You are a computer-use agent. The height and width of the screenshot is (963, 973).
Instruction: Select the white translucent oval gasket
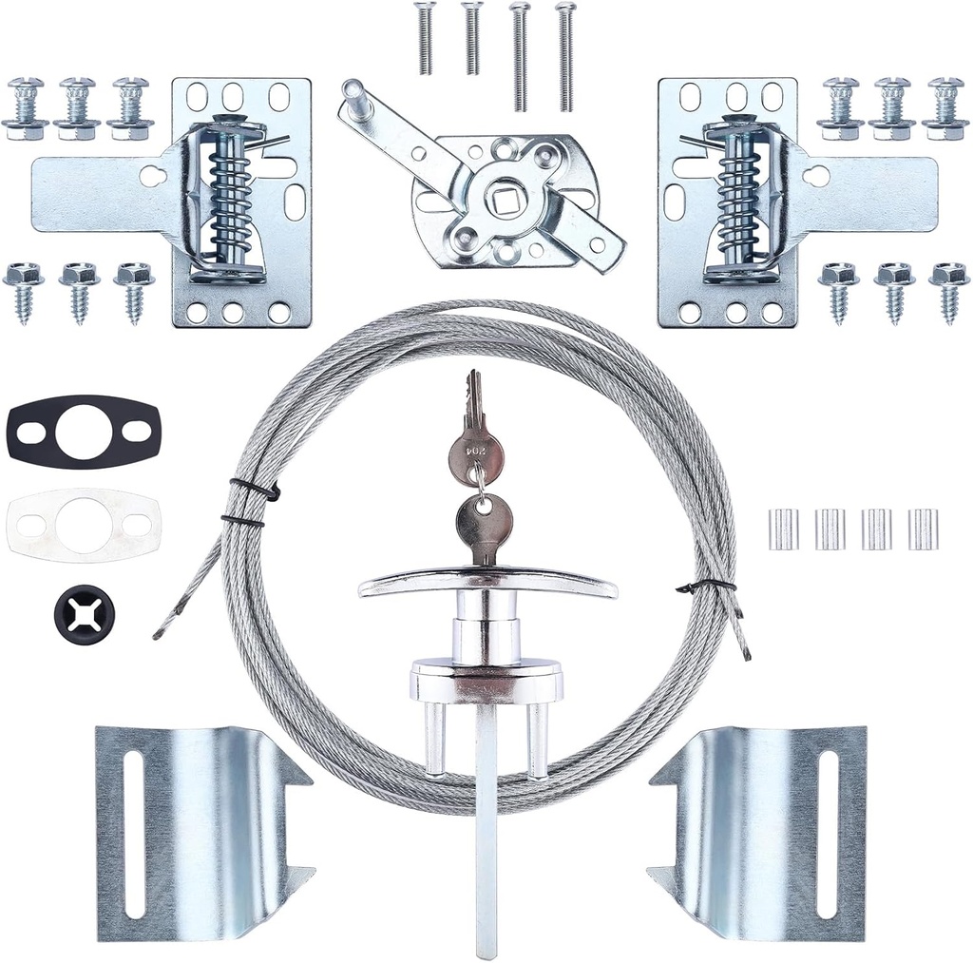point(29,525)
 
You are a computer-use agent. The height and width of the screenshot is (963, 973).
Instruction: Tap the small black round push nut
point(85,613)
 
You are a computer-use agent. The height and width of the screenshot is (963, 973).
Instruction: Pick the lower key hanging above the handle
point(484,523)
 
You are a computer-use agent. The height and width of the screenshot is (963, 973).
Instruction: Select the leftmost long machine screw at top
point(424,38)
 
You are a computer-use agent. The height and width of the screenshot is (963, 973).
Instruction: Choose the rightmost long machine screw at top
point(566,55)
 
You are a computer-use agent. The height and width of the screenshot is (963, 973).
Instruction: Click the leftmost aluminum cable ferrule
point(783,529)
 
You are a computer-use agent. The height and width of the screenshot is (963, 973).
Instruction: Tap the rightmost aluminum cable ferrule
point(922,529)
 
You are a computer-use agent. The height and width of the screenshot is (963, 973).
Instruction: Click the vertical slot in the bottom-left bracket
point(136,833)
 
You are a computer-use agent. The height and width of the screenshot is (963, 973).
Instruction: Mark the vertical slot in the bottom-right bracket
point(828,833)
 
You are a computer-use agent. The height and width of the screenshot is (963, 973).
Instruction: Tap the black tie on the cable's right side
point(705,586)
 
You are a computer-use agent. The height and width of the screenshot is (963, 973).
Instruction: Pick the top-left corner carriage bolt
point(26,105)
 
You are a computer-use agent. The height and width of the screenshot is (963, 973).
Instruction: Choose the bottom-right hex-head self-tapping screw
point(948,290)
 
